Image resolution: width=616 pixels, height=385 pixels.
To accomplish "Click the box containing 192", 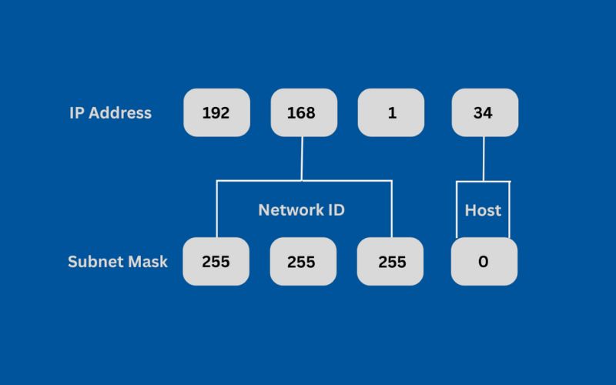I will pyautogui.click(x=216, y=112).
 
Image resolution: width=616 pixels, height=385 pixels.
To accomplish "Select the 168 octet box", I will pyautogui.click(x=303, y=112).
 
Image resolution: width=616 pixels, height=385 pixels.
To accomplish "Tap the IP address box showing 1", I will pyautogui.click(x=391, y=112).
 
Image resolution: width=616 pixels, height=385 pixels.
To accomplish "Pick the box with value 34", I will pyautogui.click(x=484, y=112).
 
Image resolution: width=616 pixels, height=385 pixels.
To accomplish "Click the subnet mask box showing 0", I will pyautogui.click(x=484, y=262).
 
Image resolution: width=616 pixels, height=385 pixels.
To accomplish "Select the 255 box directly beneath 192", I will pyautogui.click(x=216, y=262).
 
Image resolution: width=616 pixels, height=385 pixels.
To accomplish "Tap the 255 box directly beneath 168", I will pyautogui.click(x=303, y=262).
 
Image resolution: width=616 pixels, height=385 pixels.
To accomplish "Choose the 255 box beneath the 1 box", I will pyautogui.click(x=391, y=262).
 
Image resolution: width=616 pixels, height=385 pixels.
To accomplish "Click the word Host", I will pyautogui.click(x=483, y=209).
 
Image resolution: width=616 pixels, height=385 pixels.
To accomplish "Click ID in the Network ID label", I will pyautogui.click(x=335, y=209).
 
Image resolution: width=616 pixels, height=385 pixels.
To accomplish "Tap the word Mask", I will pyautogui.click(x=147, y=262).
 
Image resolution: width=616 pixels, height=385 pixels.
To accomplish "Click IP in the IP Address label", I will pyautogui.click(x=76, y=112).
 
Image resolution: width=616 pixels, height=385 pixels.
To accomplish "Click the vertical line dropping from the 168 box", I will pyautogui.click(x=303, y=158).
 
